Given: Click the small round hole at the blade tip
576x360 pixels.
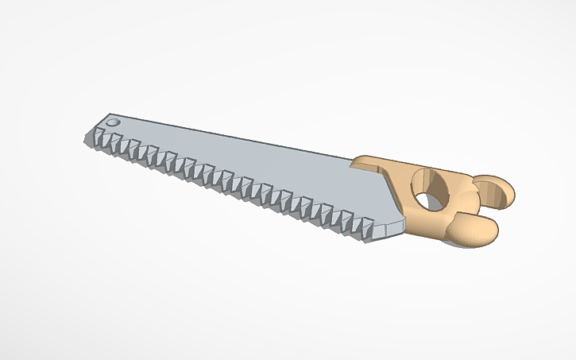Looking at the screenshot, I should coord(112,123).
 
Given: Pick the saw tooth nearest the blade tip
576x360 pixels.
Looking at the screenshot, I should coord(103,143).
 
